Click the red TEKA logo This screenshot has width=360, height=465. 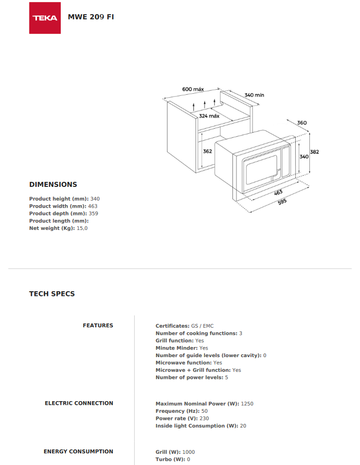point(45,18)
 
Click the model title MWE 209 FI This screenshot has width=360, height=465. point(91,17)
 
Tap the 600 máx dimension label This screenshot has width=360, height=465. point(192,89)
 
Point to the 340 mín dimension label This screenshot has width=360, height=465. point(254,95)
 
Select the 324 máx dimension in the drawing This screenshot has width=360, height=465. point(209,116)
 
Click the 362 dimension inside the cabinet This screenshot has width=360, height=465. point(207,151)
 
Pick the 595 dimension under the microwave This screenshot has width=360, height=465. point(282,202)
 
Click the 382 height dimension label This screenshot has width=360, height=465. point(314,151)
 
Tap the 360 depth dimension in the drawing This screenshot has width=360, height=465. point(302,123)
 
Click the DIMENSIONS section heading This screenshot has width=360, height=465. point(53,184)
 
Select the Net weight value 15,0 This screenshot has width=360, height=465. point(83,228)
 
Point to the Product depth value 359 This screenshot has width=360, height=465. point(93,213)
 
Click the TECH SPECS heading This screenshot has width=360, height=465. point(52,294)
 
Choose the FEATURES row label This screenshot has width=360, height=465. point(98,325)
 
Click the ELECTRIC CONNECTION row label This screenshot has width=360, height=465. point(79,403)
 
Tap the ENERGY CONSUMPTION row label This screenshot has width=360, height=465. point(78,451)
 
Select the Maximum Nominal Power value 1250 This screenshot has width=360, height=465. point(247,404)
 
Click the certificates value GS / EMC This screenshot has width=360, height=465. point(202,326)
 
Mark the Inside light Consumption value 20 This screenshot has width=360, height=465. point(243,425)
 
